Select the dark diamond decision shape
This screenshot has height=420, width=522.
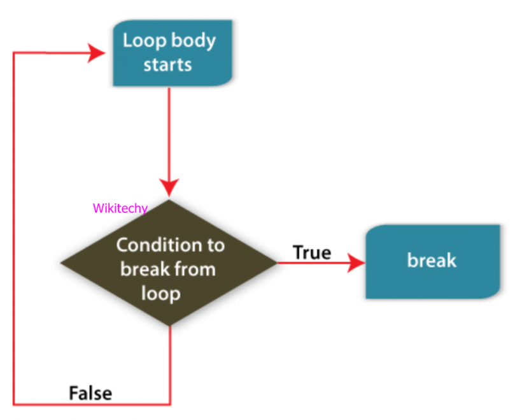coord(169,263)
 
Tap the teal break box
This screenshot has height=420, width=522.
coord(432,261)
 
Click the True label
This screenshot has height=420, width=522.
coord(312,252)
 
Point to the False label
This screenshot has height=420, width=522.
coord(90,393)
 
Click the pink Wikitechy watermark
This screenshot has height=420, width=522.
coord(120,208)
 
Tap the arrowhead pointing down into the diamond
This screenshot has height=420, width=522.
coord(169,187)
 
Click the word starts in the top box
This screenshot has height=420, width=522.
coord(167,64)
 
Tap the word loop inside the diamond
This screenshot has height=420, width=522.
coord(160,294)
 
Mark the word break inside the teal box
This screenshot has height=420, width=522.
coord(432,261)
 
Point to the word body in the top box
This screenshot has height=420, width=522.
coord(191,41)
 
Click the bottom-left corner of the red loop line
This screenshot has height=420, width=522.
coord(14,403)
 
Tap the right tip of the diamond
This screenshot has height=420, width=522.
coord(276,262)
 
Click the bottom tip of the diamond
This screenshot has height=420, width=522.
coord(170,325)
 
